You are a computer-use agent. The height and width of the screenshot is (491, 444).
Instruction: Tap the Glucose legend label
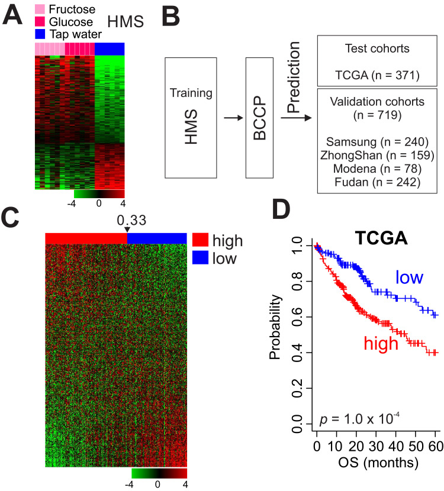pyautogui.click(x=70, y=19)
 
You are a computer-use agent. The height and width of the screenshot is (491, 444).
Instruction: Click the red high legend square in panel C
pyautogui.click(x=200, y=240)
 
